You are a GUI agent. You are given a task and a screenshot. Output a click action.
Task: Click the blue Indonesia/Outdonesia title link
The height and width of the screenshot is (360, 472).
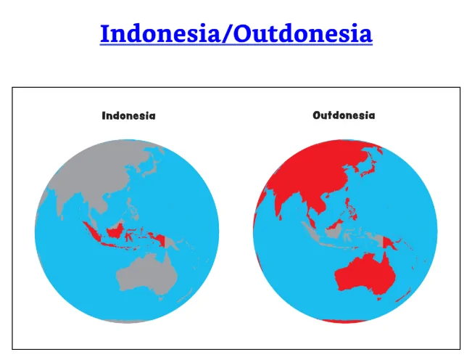pyautogui.click(x=236, y=33)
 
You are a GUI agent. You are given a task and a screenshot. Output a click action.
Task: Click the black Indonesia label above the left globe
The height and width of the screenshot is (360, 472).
pyautogui.click(x=128, y=115)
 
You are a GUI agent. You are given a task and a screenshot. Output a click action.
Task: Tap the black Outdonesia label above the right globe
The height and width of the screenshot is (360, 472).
pyautogui.click(x=344, y=115)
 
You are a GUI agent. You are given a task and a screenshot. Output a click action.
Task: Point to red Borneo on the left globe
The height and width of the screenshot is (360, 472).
pyautogui.click(x=115, y=231)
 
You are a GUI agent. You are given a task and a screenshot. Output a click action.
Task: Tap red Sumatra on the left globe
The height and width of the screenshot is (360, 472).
pyautogui.click(x=92, y=232)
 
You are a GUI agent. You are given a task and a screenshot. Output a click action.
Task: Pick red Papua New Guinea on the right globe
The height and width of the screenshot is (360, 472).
pyautogui.click(x=390, y=243)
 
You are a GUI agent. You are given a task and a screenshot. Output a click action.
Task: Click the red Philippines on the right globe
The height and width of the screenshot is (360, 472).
pyautogui.click(x=351, y=208)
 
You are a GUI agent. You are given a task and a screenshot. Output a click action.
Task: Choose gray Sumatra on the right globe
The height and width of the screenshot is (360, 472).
pyautogui.click(x=310, y=232)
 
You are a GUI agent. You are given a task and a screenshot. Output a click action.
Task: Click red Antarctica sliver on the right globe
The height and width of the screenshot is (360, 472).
pyautogui.click(x=344, y=321)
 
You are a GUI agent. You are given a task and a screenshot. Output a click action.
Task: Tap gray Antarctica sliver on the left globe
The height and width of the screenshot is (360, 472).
pyautogui.click(x=126, y=321)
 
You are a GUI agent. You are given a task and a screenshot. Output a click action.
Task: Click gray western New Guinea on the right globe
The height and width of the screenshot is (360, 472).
pyautogui.click(x=377, y=240)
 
